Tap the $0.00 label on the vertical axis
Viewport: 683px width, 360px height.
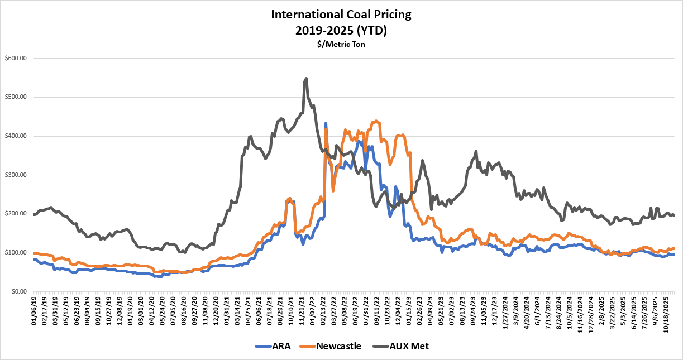click(x=18, y=291)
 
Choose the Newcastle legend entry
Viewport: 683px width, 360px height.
click(x=338, y=346)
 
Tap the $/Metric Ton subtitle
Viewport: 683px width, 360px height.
click(x=341, y=44)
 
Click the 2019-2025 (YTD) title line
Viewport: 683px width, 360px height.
click(x=341, y=30)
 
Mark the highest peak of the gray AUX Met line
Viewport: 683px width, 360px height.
click(x=306, y=78)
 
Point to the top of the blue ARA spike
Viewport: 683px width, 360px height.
click(x=326, y=123)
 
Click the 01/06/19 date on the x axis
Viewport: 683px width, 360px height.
click(x=35, y=311)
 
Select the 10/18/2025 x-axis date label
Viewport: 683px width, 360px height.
click(x=667, y=313)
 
